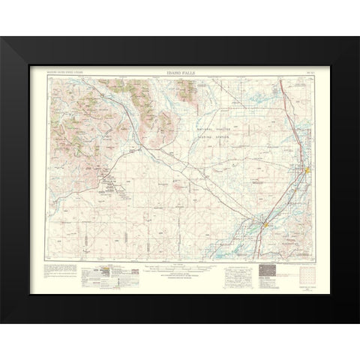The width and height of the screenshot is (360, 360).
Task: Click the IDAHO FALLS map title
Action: [179, 73]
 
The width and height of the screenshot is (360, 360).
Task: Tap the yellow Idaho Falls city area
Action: [307, 175]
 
